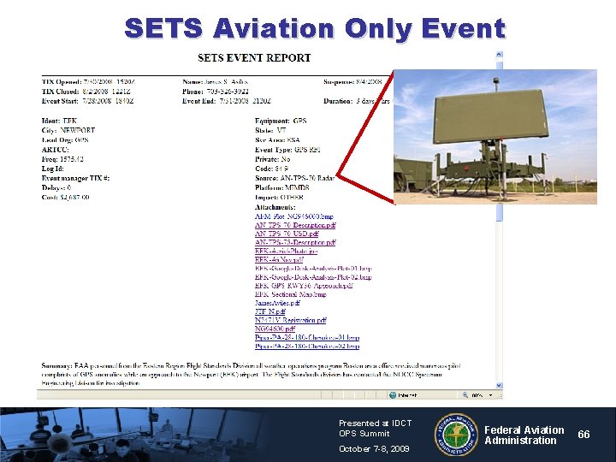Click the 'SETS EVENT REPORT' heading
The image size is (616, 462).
254,58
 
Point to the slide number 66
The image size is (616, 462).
583,435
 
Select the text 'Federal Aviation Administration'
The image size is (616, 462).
524,435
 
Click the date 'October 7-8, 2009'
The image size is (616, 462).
374,449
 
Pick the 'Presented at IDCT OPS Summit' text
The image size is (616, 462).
375,428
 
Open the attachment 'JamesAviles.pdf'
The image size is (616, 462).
277,302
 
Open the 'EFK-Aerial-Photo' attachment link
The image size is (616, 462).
286,252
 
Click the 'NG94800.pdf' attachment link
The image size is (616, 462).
275,329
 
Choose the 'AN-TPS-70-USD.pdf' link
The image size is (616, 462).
287,234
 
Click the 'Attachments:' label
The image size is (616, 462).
275,207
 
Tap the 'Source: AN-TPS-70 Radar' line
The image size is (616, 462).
294,177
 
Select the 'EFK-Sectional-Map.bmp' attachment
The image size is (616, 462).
291,293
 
